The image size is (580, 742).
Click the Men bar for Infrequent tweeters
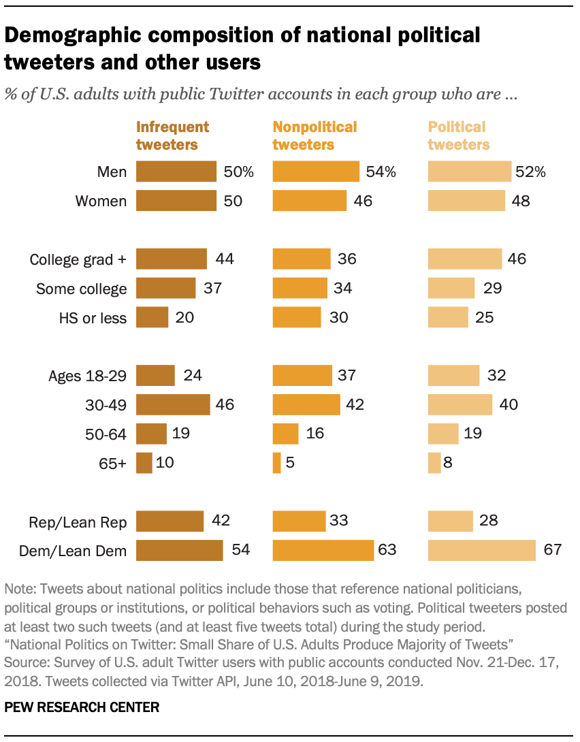coord(176,172)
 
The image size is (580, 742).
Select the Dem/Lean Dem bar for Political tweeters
coord(482,550)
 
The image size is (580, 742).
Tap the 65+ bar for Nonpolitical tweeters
coord(277,463)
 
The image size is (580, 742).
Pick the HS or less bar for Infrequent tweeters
coord(152,317)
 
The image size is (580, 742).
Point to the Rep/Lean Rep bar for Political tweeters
coord(450,521)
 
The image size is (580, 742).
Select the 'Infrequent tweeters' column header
coord(173,135)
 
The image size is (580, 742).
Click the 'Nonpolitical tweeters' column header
coord(315,135)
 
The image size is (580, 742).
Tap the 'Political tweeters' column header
coord(458,135)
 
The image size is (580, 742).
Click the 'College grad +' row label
coord(78,259)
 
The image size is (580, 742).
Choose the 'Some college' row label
coord(82,289)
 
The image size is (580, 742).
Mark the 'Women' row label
coord(101,201)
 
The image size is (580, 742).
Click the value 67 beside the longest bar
coord(552,550)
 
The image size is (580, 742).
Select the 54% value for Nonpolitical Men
coord(381,172)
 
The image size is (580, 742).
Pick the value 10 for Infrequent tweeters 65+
coord(165,463)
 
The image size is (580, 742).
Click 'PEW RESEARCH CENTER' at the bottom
coord(82,708)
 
